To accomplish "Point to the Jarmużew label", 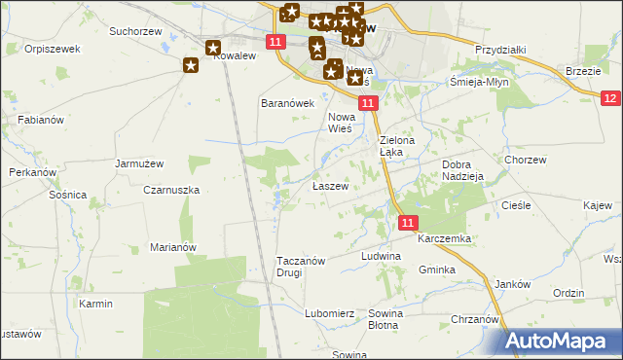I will click(137, 163).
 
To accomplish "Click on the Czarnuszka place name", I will click(171, 190).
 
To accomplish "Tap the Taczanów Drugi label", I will click(303, 267).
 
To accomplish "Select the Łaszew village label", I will click(329, 186).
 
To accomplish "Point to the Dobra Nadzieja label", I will click(462, 171).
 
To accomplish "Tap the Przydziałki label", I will click(500, 50).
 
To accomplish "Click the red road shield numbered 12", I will click(610, 98).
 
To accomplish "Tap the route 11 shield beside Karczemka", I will click(409, 223).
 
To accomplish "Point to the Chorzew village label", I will click(525, 159).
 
